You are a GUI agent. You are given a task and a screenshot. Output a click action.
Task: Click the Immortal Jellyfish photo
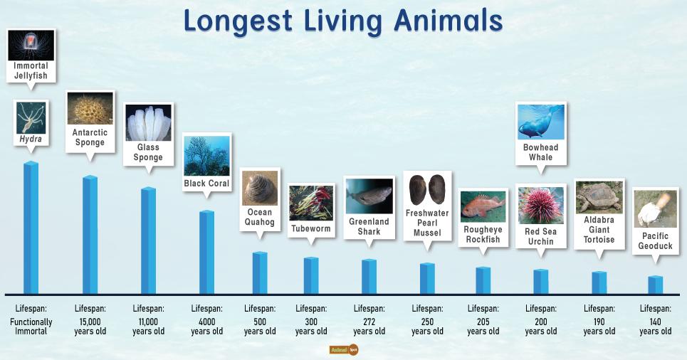pyautogui.click(x=31, y=45)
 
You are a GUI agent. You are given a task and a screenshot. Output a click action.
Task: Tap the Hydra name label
pyautogui.click(x=31, y=139)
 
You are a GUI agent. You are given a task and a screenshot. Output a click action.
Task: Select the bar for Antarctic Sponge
pyautogui.click(x=90, y=235)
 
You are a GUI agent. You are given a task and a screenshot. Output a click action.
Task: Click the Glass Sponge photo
pyautogui.click(x=148, y=123)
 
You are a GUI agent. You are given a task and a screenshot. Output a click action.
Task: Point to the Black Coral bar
pyautogui.click(x=206, y=252)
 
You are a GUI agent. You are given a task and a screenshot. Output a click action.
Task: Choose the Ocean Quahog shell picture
pyautogui.click(x=260, y=189)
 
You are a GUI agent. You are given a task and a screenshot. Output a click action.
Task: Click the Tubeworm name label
pyautogui.click(x=311, y=229)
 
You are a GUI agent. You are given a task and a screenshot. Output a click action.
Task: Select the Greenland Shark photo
pyautogui.click(x=369, y=196)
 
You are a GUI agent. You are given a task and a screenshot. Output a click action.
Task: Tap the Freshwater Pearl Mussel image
pyautogui.click(x=427, y=190)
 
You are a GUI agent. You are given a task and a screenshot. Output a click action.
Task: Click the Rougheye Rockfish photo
pyautogui.click(x=483, y=206)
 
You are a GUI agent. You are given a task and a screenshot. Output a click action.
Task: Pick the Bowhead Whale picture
pyautogui.click(x=540, y=122)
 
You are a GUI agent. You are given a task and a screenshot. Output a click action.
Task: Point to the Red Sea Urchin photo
pyautogui.click(x=540, y=205)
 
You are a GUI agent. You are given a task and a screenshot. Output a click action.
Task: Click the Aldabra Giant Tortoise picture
pyautogui.click(x=599, y=197)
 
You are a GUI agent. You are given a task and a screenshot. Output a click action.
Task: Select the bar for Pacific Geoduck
pyautogui.click(x=656, y=285)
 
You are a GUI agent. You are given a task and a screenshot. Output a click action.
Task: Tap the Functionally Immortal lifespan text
pyautogui.click(x=31, y=326)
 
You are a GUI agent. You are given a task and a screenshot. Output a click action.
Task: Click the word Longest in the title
pyautogui.click(x=234, y=21)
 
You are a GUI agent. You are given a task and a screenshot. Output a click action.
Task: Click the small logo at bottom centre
pyautogui.click(x=343, y=350)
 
